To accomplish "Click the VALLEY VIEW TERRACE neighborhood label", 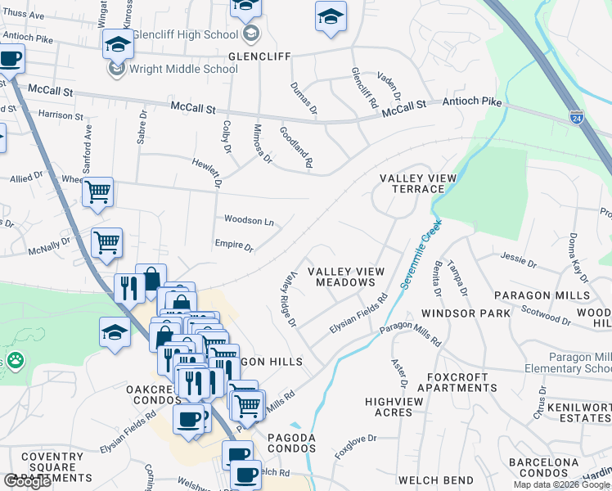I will point(412,183).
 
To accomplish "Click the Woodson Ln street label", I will point(249,221).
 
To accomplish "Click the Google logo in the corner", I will point(26,481).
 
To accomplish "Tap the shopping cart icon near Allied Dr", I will point(98,192).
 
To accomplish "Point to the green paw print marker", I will point(15,359).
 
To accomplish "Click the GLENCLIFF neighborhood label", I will point(258,56).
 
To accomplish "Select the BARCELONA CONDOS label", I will point(543,467).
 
